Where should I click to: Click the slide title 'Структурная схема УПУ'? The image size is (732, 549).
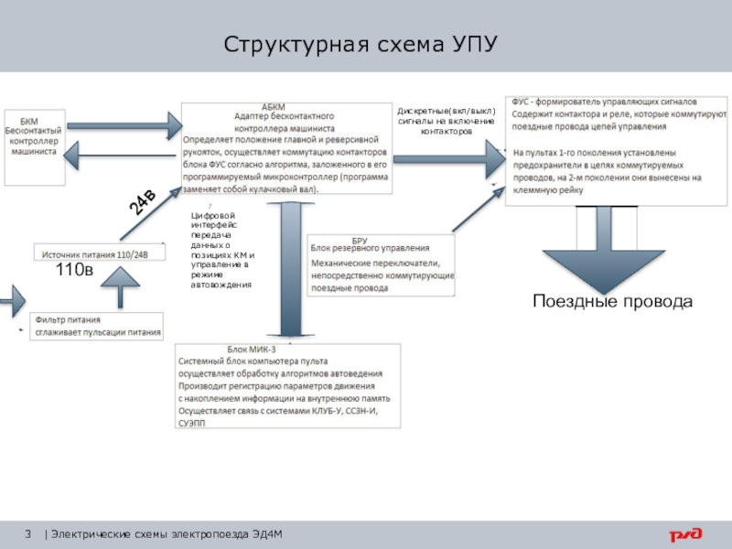point(361,45)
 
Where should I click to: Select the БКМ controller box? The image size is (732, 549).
point(33,136)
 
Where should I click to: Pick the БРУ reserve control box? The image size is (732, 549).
point(381,265)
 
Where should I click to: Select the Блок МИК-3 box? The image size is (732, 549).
point(287,384)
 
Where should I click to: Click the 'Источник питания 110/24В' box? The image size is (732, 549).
point(102,253)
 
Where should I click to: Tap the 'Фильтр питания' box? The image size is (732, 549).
point(97,327)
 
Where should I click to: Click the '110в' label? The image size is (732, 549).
point(74,271)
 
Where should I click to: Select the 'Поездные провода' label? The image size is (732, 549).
point(612,301)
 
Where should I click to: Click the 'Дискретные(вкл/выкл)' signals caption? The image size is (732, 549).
point(446,122)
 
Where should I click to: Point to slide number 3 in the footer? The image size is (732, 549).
point(28,534)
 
